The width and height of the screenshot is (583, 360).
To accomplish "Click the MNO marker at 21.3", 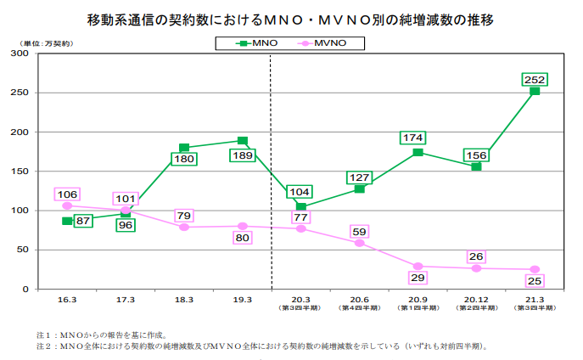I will pos(535,91).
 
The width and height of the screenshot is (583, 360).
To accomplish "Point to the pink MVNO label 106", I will pos(67,194).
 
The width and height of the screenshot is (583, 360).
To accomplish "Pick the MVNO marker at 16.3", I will pos(67,205).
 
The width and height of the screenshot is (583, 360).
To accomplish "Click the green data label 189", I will pos(242,155).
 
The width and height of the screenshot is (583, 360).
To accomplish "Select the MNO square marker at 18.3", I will pos(184,148).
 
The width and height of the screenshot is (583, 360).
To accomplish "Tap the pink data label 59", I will pos(359,231).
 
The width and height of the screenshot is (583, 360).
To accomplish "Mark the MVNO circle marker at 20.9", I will pos(418,266).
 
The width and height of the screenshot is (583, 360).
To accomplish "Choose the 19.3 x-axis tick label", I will pos(242,300).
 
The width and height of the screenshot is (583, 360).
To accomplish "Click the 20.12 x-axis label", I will pos(476,300).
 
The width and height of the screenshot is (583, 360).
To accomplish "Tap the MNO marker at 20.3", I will pos(300,207).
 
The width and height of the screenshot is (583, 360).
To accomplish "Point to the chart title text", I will pos(291,18).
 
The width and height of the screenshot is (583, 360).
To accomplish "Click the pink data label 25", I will pos(535,281).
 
